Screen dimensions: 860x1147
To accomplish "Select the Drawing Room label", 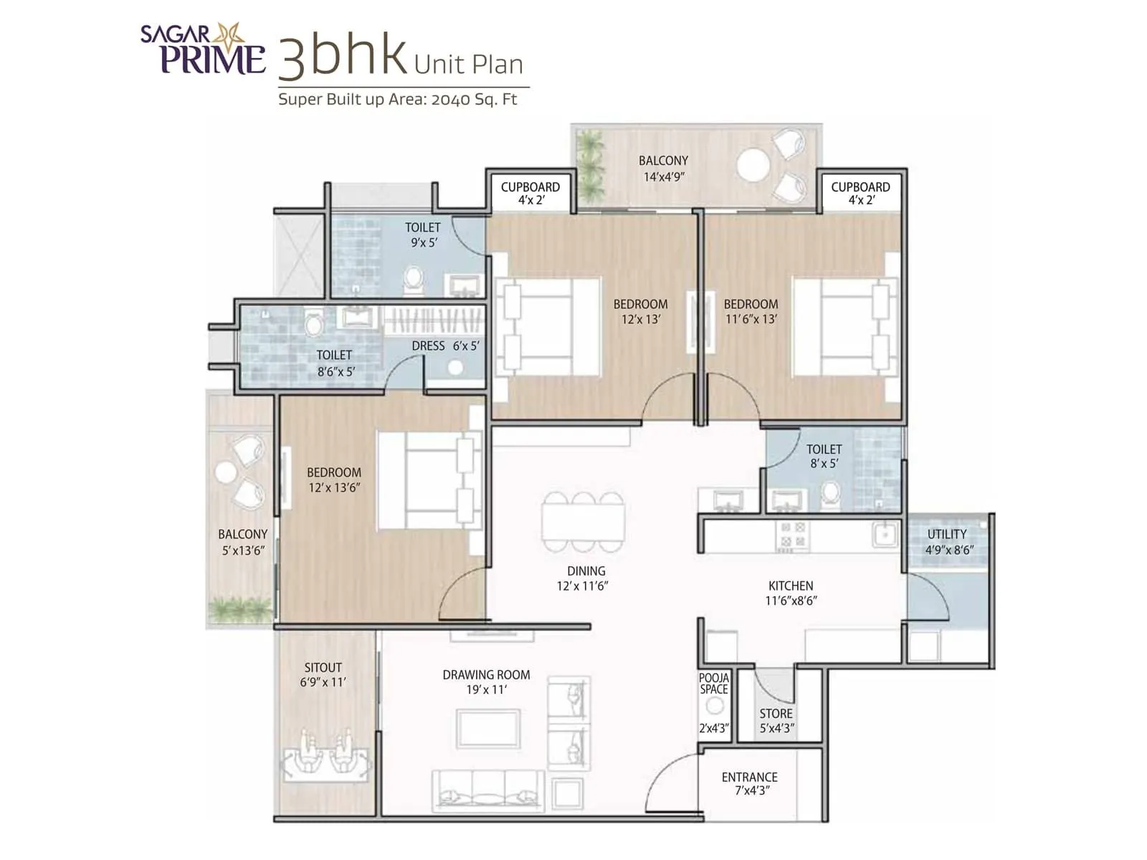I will [486, 675].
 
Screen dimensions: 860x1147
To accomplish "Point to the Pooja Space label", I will [714, 684].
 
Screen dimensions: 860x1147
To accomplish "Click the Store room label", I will [776, 714].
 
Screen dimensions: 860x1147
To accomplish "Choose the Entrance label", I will [749, 777].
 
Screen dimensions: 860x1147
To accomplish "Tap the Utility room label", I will [946, 535].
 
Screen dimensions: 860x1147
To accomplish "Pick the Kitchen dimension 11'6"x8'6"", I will [791, 601].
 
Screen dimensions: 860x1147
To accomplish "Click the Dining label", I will [586, 571].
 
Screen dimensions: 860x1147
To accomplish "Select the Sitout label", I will [323, 668].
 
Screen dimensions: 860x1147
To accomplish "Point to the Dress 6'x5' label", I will [445, 346].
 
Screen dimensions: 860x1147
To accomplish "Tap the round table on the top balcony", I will [753, 164].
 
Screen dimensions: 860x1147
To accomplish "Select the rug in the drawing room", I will [489, 728].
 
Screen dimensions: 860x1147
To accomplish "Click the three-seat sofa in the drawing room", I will [487, 790].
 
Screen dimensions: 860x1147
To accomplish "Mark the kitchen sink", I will [885, 535].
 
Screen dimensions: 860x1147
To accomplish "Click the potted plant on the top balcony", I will [590, 165].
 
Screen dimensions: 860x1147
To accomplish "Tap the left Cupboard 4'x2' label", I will [530, 193].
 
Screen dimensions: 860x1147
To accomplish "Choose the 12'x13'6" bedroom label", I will [333, 480].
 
